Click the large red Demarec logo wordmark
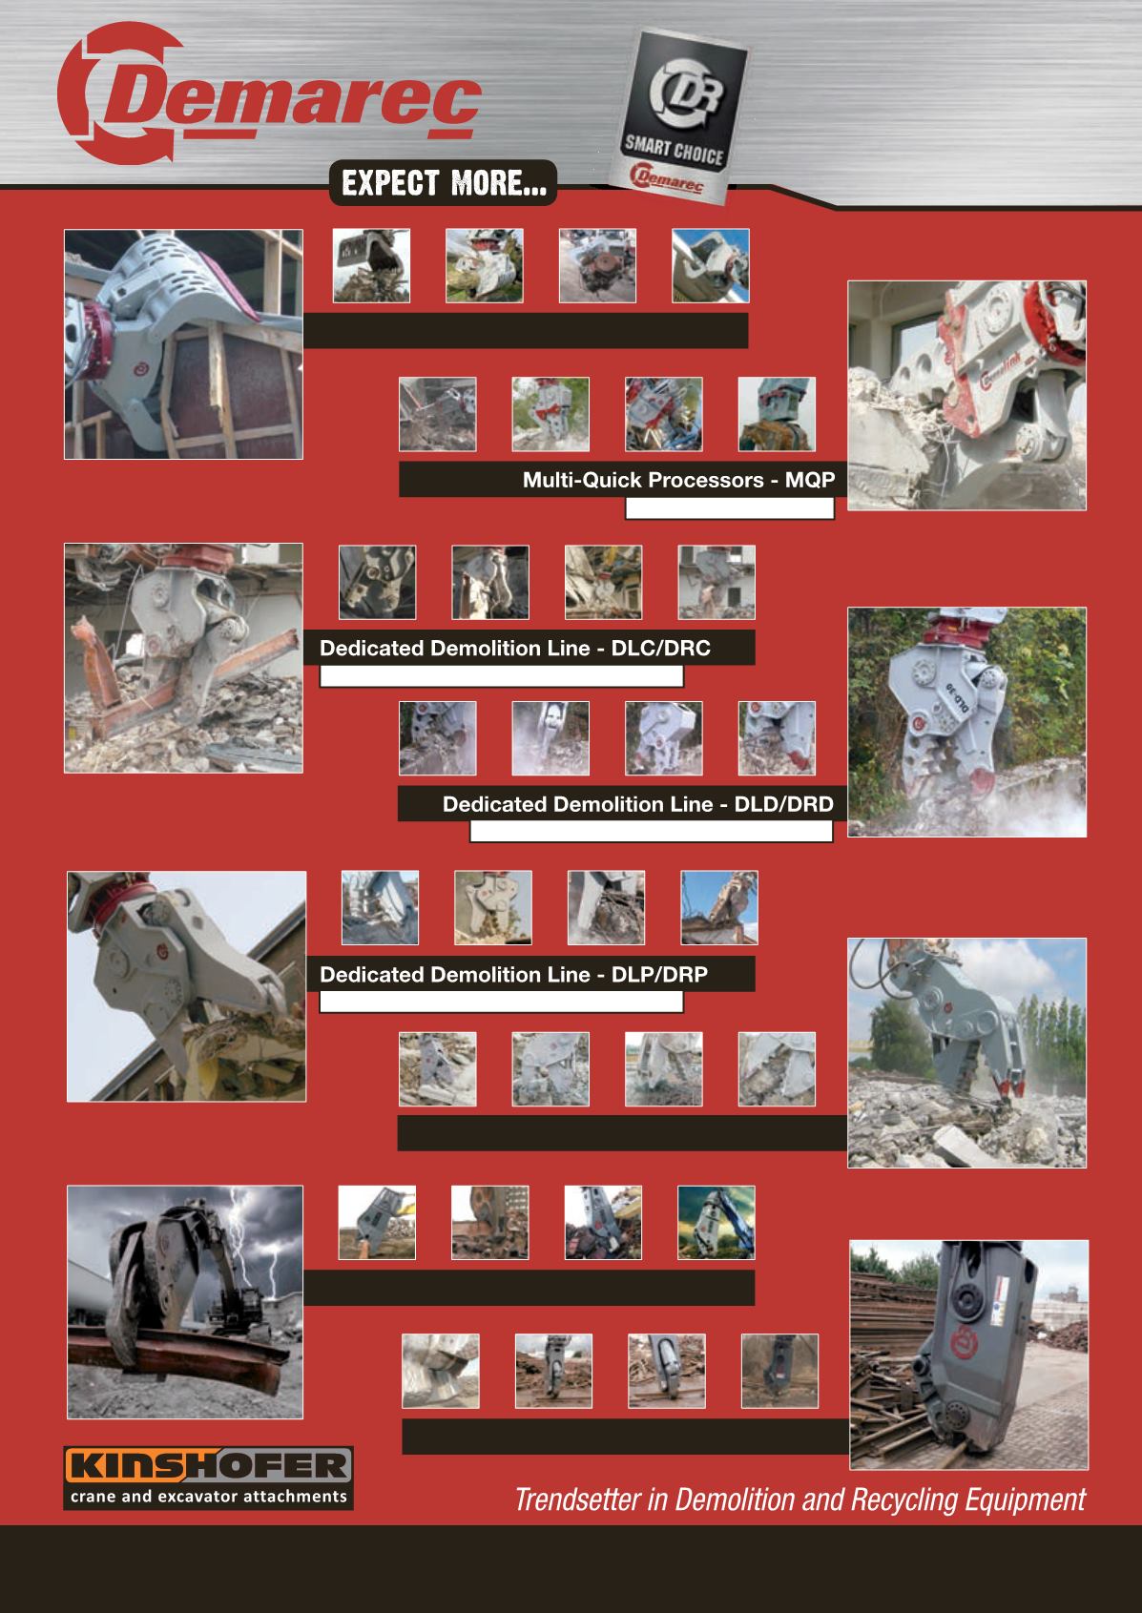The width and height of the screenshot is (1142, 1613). coord(270,93)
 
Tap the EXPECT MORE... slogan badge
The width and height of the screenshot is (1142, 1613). coord(443,183)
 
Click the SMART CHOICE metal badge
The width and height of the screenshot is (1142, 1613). coord(678,116)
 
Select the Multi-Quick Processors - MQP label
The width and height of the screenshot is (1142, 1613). coord(678,480)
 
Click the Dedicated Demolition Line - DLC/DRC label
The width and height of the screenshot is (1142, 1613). coord(515,648)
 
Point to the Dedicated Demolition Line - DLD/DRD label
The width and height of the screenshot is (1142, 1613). coord(638,804)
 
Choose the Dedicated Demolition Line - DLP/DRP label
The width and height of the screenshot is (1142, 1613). coord(513,974)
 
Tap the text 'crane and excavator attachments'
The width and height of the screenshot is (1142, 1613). coord(208,1497)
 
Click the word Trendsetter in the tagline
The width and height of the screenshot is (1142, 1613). coord(577,1499)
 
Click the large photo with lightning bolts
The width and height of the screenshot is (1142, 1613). coord(185,1302)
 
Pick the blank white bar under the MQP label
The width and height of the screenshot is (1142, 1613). coord(730,508)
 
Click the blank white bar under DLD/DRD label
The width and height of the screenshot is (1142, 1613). coord(651,832)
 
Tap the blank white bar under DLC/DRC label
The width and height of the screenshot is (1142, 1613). coord(501,676)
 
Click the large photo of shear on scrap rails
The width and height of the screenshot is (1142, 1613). coord(968,1355)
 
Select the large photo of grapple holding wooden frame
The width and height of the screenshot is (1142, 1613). coord(183,344)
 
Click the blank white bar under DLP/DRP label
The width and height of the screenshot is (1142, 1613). coord(501,1003)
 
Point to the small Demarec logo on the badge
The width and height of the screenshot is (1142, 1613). coord(665,177)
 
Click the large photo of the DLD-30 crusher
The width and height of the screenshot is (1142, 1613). coord(967,722)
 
